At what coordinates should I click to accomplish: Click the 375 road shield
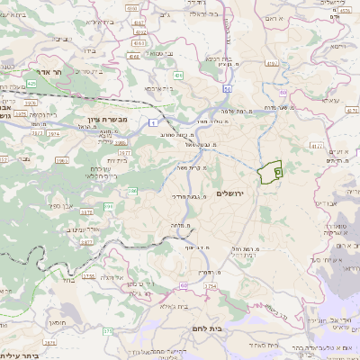tap(108, 332)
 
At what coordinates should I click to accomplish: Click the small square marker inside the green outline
tap(277, 169)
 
